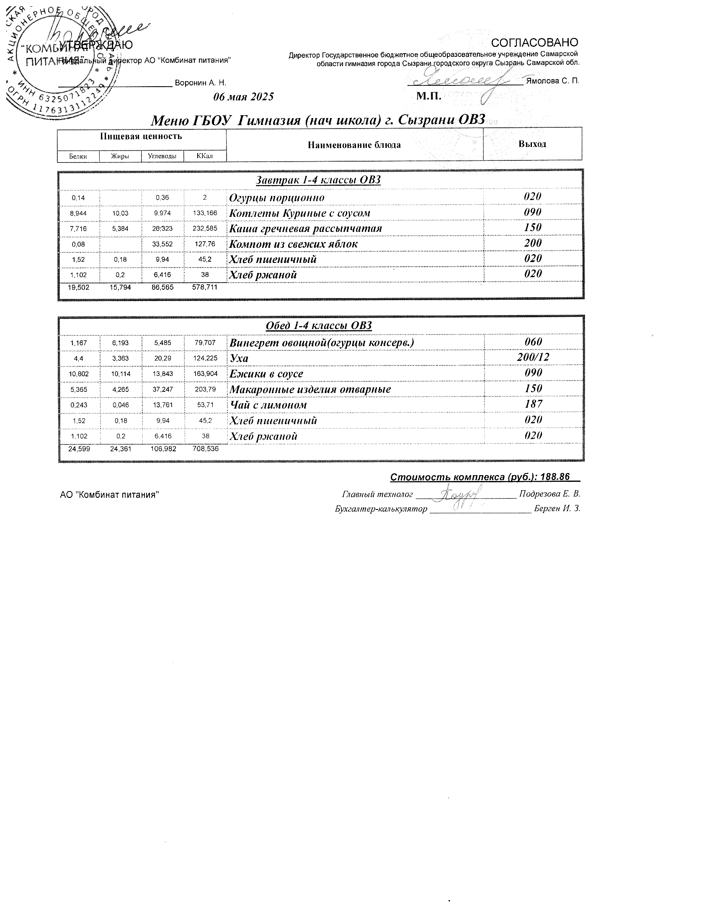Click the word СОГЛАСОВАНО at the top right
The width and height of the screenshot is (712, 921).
point(535,43)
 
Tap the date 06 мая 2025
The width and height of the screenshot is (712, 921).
point(243,97)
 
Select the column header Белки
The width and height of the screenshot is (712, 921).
point(78,157)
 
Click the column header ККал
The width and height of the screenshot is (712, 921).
point(204,157)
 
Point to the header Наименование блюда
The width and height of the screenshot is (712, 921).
point(354,145)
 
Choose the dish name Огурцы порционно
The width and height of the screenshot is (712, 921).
point(277,198)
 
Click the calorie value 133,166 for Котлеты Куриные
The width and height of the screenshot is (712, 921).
point(205,213)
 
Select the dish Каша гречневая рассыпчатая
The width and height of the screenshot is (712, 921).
point(305,229)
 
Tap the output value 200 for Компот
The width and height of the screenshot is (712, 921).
point(533,243)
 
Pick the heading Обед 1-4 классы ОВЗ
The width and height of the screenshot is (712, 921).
point(319,326)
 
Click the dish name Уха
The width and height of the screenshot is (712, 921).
point(239,358)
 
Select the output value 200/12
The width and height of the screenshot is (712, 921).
point(533,358)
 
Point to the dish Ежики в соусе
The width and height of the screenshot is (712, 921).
point(266,374)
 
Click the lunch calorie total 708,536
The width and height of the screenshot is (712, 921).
point(205,449)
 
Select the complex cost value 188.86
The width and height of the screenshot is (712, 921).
point(556,477)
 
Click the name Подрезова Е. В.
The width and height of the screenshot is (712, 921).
point(549,494)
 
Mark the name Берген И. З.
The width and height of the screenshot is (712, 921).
point(557,509)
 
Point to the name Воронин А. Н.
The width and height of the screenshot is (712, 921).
point(200,83)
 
